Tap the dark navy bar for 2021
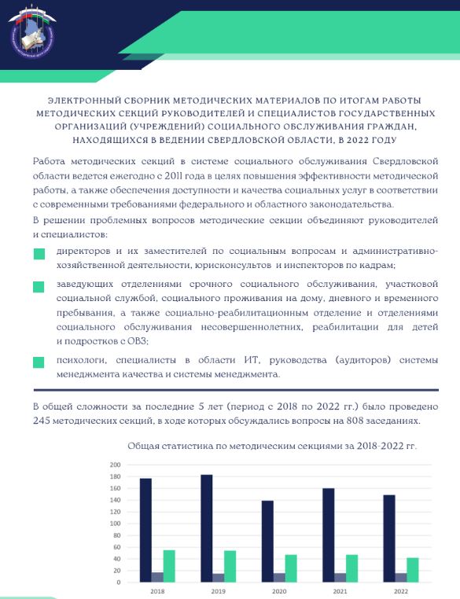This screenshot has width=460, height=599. (x=329, y=535)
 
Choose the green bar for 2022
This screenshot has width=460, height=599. (x=413, y=570)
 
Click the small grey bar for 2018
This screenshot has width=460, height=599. (x=157, y=577)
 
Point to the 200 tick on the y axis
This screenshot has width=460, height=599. (x=115, y=465)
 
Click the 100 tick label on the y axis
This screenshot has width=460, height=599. (x=115, y=524)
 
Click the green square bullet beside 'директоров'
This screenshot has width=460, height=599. (x=39, y=254)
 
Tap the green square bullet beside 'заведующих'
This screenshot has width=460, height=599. (x=39, y=287)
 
